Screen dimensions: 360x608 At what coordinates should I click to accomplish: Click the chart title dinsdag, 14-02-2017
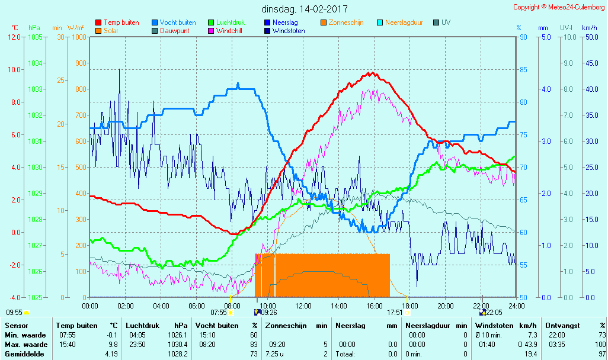(305, 9)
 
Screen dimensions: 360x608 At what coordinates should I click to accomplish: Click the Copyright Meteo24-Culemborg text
(559, 7)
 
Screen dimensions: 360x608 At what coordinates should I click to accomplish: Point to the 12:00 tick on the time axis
(303, 306)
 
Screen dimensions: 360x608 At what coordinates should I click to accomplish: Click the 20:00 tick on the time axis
(446, 306)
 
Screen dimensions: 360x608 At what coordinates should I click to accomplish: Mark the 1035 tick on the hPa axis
(35, 37)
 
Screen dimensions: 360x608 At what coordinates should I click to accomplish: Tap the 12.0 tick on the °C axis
(14, 37)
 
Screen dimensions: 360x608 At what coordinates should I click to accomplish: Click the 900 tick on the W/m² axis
(79, 63)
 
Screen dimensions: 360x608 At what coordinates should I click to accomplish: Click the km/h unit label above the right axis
(590, 28)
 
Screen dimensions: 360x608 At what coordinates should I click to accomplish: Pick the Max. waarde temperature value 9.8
(113, 345)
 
